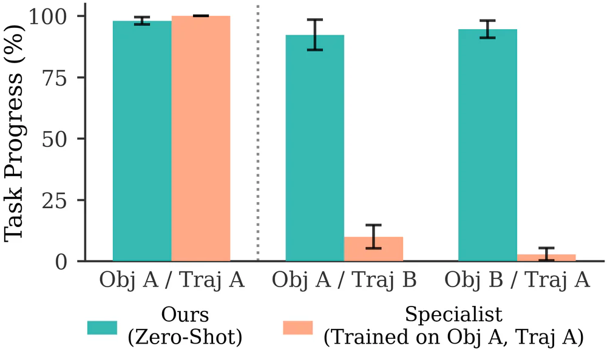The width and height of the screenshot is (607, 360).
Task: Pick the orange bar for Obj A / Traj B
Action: (373, 250)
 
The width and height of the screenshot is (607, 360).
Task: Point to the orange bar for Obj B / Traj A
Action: (546, 257)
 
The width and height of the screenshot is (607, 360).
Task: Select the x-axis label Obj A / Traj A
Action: (172, 280)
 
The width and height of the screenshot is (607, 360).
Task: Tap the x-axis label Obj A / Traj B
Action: (344, 280)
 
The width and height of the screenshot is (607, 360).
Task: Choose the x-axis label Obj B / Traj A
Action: (517, 280)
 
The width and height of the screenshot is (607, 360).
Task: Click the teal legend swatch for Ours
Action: (102, 327)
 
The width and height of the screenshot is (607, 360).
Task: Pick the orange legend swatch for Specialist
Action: (298, 327)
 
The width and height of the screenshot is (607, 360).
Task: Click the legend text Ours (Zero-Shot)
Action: (185, 327)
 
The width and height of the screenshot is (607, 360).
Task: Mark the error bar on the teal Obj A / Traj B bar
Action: (314, 35)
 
